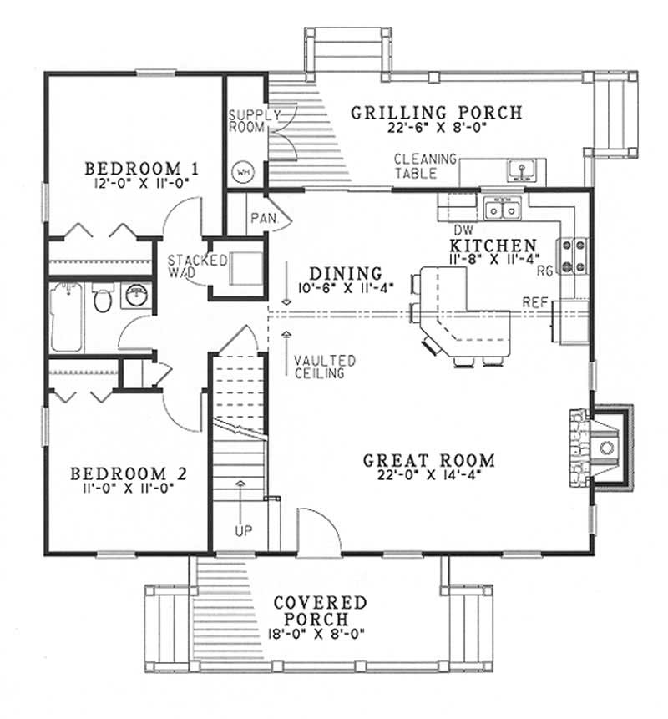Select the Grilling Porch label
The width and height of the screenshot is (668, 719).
tap(436, 112)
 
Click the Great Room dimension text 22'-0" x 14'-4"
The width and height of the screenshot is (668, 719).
tap(429, 478)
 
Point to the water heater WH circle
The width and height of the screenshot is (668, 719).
tap(245, 171)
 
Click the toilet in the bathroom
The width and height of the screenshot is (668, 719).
tap(103, 299)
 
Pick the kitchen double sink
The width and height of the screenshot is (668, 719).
tap(504, 210)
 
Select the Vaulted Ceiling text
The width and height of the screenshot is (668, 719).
tap(325, 367)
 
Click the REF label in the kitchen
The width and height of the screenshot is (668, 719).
tap(534, 301)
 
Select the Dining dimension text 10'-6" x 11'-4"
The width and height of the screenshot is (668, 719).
tap(346, 289)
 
